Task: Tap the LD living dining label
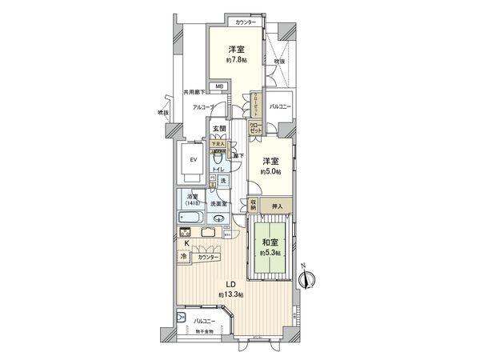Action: [230, 285]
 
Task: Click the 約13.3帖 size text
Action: [230, 295]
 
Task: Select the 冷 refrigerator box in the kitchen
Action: [184, 257]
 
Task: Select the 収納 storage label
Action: [254, 205]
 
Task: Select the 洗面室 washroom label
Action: [218, 205]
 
